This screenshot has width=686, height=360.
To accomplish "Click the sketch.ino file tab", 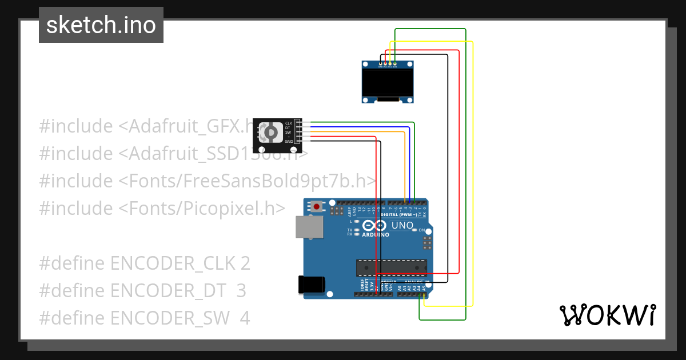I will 101,25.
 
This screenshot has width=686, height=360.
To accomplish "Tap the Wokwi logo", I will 607,315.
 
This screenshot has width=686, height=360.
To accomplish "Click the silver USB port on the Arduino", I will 309,227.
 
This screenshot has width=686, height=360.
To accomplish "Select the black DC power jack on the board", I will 312,285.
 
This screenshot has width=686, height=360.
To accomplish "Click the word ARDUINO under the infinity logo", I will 376,234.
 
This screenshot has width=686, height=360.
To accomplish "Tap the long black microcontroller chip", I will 391,267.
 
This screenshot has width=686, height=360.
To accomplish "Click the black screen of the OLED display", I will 388,82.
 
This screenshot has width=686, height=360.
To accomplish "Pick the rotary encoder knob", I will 272,133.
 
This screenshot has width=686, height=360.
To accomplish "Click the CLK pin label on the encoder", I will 289,123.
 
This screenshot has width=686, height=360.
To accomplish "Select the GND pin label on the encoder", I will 289,141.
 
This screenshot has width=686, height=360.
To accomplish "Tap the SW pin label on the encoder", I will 288,132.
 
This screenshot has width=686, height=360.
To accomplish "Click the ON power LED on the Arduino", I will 422,230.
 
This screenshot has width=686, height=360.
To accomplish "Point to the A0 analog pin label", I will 399,288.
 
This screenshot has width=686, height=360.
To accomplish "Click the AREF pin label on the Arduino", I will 349,209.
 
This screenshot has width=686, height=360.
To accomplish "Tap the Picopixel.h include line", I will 162,209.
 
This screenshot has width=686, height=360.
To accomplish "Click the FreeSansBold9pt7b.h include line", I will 208,181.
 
